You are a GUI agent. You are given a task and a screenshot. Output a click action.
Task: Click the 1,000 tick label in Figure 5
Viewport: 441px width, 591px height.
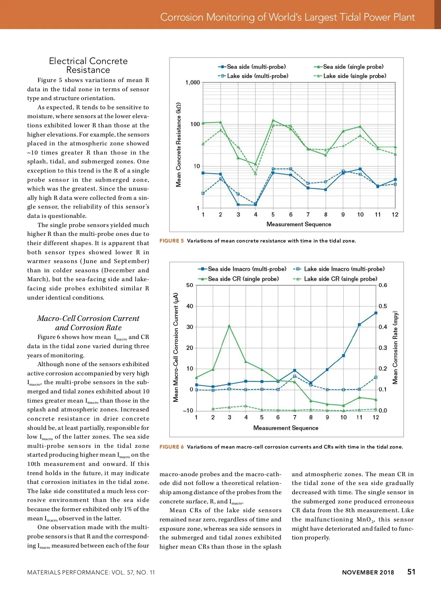click(193, 82)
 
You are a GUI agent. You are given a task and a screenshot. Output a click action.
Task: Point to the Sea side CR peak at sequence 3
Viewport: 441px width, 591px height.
click(229, 326)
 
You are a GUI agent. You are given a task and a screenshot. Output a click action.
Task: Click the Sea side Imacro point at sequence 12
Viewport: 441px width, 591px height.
click(376, 313)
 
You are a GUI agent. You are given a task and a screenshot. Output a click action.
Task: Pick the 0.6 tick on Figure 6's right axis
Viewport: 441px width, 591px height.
click(383, 285)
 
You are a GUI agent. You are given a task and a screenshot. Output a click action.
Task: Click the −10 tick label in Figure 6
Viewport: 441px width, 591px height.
click(188, 411)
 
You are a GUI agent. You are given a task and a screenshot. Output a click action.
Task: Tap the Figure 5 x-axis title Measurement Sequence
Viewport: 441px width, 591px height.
click(299, 224)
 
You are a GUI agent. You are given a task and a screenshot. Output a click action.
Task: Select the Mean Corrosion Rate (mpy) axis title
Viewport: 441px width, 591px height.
click(395, 348)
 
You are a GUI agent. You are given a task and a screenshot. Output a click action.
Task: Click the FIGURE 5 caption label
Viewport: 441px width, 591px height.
click(172, 241)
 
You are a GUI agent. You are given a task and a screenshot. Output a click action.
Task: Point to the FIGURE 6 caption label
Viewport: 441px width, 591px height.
click(172, 447)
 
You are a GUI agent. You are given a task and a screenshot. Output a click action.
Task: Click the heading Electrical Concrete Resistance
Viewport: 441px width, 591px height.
click(88, 66)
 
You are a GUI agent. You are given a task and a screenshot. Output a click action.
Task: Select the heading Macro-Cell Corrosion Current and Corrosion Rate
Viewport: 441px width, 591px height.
click(88, 323)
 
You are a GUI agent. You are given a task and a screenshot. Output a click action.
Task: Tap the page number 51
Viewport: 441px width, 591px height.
click(411, 572)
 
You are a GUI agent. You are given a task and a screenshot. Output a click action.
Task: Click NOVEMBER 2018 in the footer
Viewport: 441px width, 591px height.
click(368, 572)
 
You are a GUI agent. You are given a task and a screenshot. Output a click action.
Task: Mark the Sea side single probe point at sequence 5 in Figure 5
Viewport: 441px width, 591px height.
click(273, 120)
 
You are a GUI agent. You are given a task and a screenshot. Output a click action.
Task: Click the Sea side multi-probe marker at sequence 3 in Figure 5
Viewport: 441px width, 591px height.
click(238, 205)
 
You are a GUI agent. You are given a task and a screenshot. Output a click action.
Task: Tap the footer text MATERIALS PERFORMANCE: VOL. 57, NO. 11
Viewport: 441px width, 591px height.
click(91, 572)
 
